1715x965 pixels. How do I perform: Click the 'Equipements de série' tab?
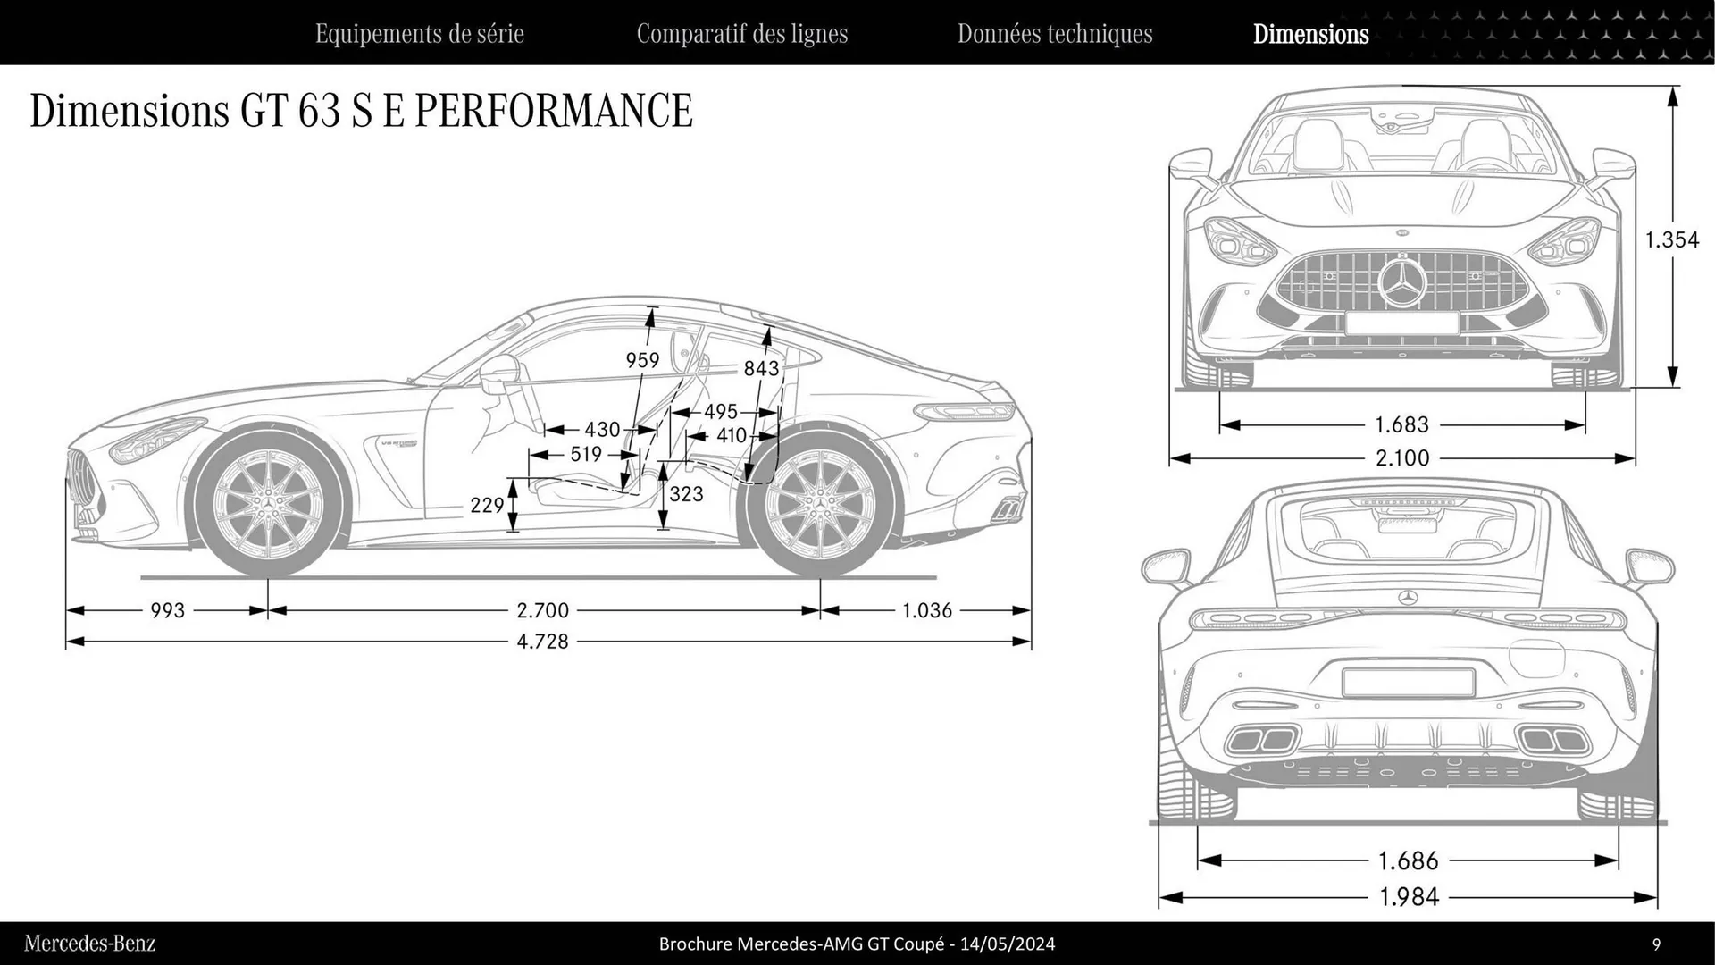coord(419,34)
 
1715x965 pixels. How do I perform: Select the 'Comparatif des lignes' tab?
coord(741,34)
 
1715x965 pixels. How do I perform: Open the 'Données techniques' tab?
coord(1055,34)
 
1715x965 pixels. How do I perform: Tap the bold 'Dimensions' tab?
coord(1310,34)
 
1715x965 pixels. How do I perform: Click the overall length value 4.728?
coord(542,642)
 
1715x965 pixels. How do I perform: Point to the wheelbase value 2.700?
coord(542,610)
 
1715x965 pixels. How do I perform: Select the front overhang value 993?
coord(168,610)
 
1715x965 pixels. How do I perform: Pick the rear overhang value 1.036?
coord(927,610)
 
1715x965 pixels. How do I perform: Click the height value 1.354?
coord(1672,239)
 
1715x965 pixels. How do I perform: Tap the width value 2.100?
coord(1402,458)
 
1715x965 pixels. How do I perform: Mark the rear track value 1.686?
coord(1409,861)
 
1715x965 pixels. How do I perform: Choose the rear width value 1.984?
coord(1409,896)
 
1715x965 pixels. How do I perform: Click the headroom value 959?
coord(642,360)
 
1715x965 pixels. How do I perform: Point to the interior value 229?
coord(487,506)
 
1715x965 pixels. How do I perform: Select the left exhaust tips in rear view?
coord(1262,741)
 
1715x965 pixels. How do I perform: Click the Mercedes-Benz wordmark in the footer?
coord(89,944)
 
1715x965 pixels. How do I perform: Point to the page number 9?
coord(1656,944)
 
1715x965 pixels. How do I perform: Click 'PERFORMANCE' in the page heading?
coord(554,111)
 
